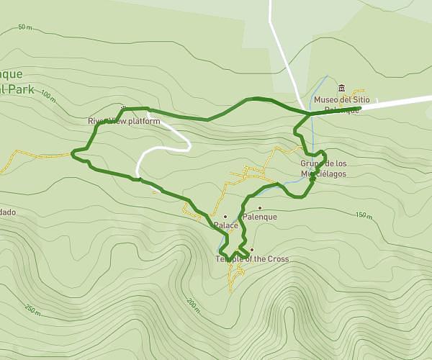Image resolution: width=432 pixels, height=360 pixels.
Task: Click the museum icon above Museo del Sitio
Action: (341, 88)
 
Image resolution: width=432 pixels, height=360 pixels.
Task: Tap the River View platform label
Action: (123, 121)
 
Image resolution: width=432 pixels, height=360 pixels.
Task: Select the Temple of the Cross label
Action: (252, 258)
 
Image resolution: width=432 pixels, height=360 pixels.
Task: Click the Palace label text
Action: (225, 225)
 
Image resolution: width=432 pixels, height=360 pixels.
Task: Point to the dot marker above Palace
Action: (225, 216)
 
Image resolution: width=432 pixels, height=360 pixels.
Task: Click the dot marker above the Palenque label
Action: (259, 207)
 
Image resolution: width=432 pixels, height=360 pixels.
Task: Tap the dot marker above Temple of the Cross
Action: (252, 250)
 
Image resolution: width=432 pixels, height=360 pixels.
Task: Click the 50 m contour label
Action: (25, 27)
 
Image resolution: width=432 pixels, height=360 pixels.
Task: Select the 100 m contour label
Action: (48, 95)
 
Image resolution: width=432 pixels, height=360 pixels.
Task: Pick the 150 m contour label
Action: (364, 215)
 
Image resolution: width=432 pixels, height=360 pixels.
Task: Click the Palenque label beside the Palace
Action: (260, 217)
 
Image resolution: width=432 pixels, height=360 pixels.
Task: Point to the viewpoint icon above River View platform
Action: (123, 109)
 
